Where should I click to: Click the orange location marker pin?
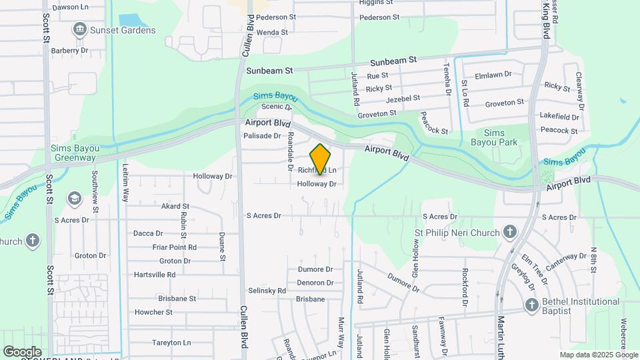tap(321, 159)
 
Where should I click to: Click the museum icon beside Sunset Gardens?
tap(79, 29)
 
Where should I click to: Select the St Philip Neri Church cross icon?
tap(509, 232)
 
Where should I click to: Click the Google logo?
tap(22, 351)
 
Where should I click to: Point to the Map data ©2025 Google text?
tap(597, 355)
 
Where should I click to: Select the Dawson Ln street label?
tap(70, 7)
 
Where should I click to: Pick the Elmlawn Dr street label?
tap(493, 75)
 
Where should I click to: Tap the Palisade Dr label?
tap(263, 135)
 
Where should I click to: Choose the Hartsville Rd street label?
tap(154, 274)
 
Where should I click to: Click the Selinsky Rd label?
tap(267, 291)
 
